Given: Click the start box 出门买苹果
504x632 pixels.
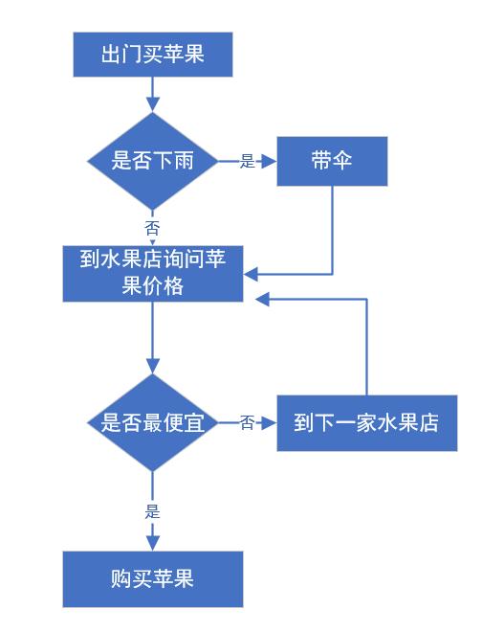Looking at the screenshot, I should coord(153,54).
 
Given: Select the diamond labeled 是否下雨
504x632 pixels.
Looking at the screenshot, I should coord(153,161).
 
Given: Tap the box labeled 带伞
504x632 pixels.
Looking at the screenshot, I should coord(332,160).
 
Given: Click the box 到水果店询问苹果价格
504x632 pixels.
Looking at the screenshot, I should coord(153,273).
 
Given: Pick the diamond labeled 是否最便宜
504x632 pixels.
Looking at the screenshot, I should coord(153,422).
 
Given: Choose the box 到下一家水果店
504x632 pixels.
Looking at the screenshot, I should coord(367,422).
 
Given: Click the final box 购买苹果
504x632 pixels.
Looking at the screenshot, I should coord(153,578).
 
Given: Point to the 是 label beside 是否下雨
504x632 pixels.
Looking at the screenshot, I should coord(248,162).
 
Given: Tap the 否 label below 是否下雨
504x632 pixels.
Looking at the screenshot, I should coord(152,228).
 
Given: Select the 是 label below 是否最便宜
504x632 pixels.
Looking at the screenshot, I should coord(152,510).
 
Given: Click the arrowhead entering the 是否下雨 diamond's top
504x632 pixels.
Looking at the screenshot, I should coord(153,104).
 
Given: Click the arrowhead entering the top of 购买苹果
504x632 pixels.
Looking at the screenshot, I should coord(153,543).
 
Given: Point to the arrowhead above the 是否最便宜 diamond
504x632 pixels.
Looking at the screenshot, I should coord(153,366).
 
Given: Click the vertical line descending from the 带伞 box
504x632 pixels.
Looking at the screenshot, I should coord(332,230).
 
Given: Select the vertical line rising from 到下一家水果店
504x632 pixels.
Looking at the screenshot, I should coord(367,345).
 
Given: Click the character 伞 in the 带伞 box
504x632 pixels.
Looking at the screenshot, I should coord(343,160).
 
